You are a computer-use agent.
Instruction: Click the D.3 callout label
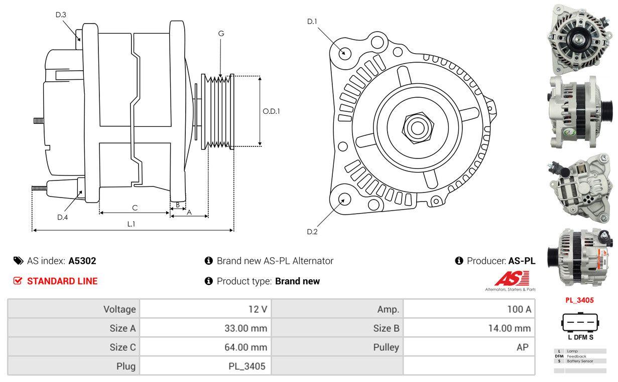61,15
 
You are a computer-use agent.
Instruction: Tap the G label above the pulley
221,34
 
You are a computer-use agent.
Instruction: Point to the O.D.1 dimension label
272,111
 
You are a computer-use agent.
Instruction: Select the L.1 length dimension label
131,224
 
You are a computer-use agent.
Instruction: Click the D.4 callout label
62,217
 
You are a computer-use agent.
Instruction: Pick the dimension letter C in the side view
135,208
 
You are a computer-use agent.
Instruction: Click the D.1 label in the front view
312,22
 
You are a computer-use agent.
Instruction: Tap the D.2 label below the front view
312,232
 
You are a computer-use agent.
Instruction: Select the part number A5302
82,261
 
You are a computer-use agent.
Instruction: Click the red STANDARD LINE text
62,281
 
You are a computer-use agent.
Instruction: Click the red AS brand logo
510,279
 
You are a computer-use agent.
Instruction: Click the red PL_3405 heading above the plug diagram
579,300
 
